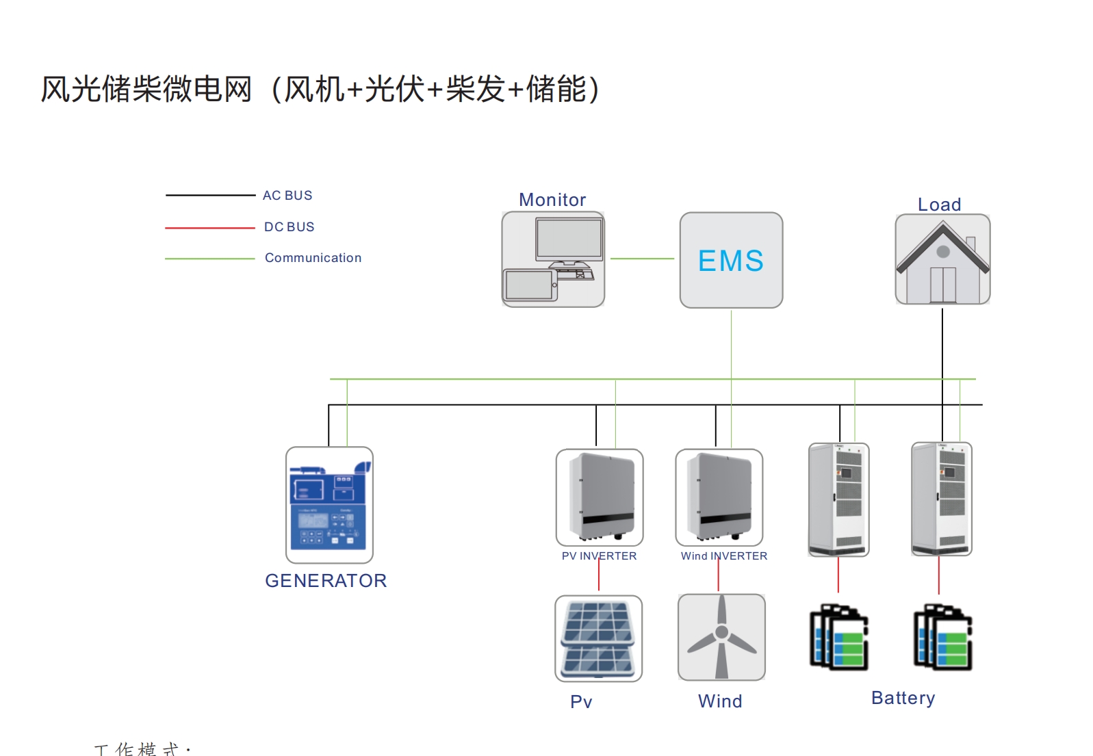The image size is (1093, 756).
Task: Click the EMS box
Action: (x=730, y=260)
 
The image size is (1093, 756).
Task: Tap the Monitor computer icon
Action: (x=553, y=259)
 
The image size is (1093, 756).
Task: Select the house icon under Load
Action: (x=942, y=259)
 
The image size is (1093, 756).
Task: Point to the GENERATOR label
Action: (x=326, y=581)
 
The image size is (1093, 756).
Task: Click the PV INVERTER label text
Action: (x=599, y=556)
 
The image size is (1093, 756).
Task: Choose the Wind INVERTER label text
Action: (x=723, y=556)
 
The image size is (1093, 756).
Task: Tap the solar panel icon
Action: (x=598, y=638)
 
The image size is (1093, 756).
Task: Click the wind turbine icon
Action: (x=721, y=637)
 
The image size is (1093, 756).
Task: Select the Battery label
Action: (x=903, y=698)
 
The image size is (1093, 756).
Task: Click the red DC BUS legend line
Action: (x=209, y=227)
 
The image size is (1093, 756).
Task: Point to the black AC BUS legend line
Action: (x=209, y=195)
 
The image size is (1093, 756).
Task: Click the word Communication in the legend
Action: (x=313, y=258)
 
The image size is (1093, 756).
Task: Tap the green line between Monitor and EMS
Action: (x=642, y=259)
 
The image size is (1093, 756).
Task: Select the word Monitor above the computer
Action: (x=552, y=200)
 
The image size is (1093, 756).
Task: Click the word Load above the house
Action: (x=939, y=205)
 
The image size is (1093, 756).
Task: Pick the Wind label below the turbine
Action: (x=720, y=701)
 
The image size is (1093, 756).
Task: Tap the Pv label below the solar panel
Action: (x=581, y=702)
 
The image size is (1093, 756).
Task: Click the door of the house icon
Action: (x=942, y=285)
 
